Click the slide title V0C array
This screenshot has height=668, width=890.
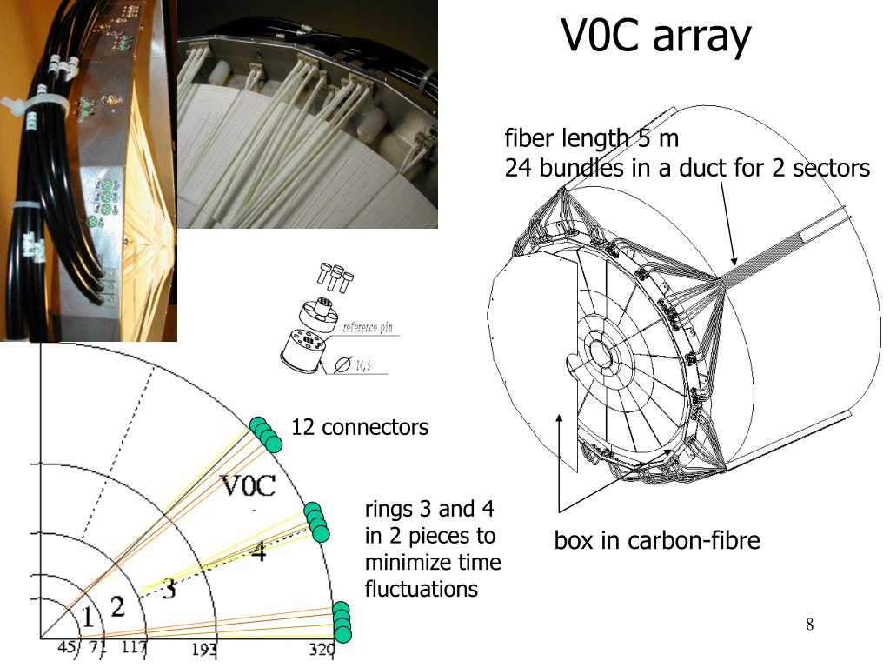click(x=655, y=37)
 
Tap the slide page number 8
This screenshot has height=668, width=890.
click(x=809, y=625)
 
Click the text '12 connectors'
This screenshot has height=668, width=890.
click(x=360, y=428)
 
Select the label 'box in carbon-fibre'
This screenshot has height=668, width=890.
click(x=657, y=541)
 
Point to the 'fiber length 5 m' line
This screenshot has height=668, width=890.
click(x=591, y=138)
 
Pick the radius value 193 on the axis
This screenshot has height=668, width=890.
click(x=204, y=648)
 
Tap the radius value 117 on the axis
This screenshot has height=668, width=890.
click(x=134, y=647)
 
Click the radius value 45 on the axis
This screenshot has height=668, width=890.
click(x=67, y=647)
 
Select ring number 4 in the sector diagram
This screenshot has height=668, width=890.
click(x=258, y=551)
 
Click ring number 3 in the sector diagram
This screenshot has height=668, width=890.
click(x=169, y=589)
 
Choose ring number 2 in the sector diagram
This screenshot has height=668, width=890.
click(x=118, y=604)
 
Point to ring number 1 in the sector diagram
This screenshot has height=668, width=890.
click(x=87, y=617)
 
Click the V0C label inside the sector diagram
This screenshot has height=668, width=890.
click(x=248, y=485)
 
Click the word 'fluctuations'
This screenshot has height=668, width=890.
click(x=422, y=589)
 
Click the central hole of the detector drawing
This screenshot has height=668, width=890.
click(x=598, y=352)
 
